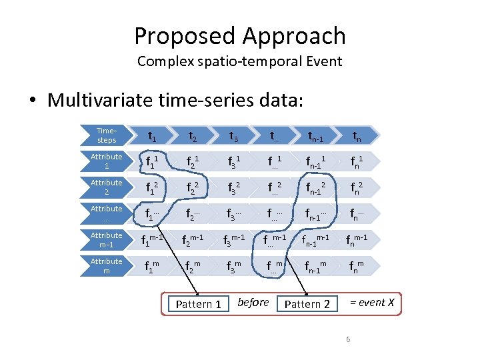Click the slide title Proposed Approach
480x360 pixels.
click(x=239, y=35)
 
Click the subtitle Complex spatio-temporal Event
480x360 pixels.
click(x=239, y=62)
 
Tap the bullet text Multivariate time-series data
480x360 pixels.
click(x=175, y=101)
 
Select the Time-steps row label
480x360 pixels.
click(x=106, y=136)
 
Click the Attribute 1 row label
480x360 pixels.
click(x=106, y=161)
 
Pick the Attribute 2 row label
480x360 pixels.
click(x=106, y=187)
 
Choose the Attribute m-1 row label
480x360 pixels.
click(x=106, y=240)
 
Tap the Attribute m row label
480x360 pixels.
click(x=106, y=266)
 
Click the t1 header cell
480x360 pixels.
click(x=152, y=137)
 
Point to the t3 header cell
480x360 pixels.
click(x=234, y=137)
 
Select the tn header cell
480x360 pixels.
click(x=358, y=137)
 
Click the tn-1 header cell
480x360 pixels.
click(x=316, y=137)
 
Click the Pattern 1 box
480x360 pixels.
click(x=198, y=304)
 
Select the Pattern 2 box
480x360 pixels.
click(x=307, y=304)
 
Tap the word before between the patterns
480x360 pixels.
click(x=253, y=303)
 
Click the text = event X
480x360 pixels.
click(x=372, y=303)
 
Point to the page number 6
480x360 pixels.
click(x=348, y=341)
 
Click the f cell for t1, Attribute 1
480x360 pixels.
click(x=152, y=163)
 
